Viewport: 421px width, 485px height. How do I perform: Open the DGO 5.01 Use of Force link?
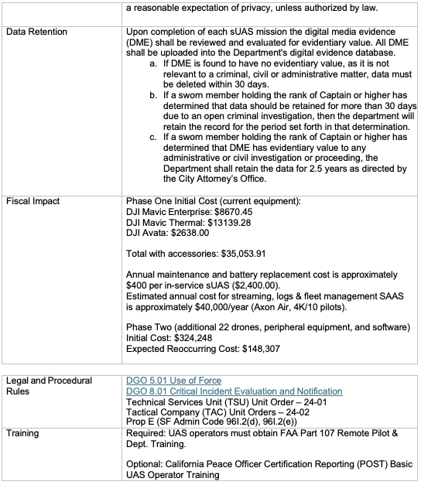(173, 381)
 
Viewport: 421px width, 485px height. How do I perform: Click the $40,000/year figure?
(249, 306)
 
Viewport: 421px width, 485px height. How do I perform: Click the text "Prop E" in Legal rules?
(139, 423)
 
